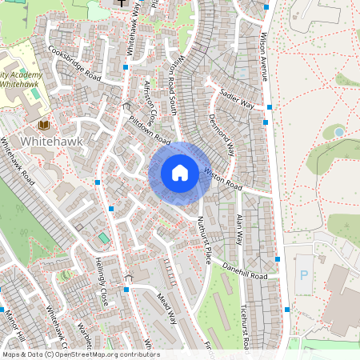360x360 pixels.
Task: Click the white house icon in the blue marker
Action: (180, 173)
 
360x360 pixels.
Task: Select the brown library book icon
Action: (43, 126)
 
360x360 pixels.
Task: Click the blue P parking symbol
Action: (303, 274)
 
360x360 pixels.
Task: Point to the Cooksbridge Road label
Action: (74, 63)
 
